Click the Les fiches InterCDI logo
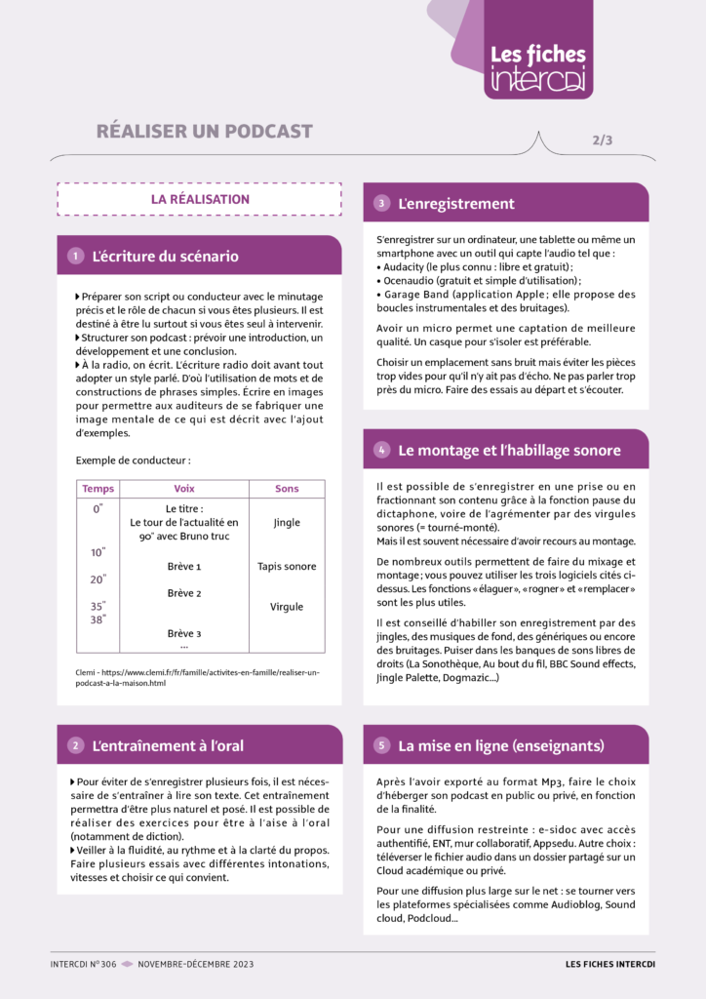(x=537, y=67)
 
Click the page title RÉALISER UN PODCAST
(x=204, y=132)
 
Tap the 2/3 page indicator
(x=602, y=140)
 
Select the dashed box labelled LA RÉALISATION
(x=200, y=199)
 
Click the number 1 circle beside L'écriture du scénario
(x=75, y=257)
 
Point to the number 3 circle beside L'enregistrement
(x=382, y=204)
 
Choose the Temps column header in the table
(x=98, y=489)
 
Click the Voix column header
(x=183, y=489)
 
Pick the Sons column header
(x=287, y=489)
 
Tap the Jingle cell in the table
(x=287, y=523)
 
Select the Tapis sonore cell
(x=287, y=566)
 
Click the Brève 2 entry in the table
(x=183, y=593)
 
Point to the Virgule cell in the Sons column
(x=287, y=607)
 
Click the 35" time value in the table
(x=98, y=607)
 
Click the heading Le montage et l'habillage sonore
(x=509, y=450)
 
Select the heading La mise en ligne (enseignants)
(x=501, y=745)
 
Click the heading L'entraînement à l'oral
(x=168, y=745)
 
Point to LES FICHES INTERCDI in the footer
(x=610, y=964)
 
